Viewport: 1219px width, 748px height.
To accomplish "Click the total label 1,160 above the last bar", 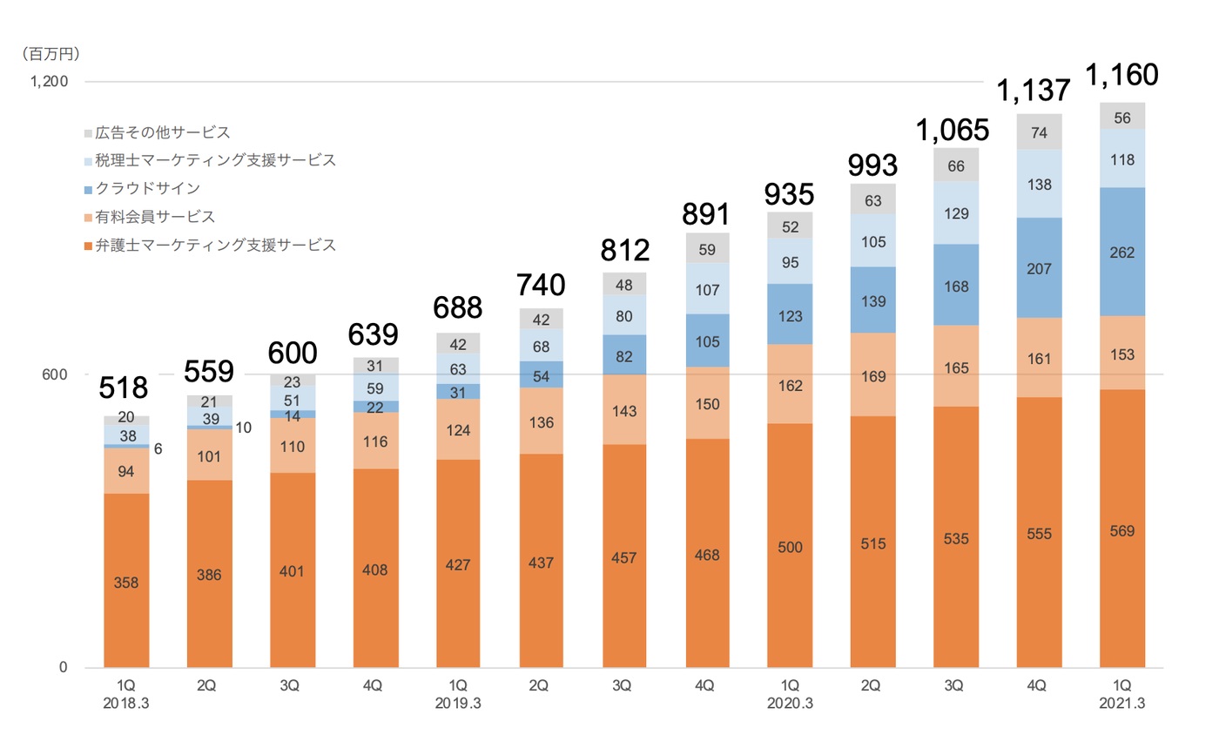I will [1121, 76].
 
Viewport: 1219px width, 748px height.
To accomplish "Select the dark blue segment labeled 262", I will [1121, 252].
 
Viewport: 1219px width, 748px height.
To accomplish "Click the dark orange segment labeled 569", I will [1121, 530].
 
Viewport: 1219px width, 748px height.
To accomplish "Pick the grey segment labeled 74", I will [1039, 132].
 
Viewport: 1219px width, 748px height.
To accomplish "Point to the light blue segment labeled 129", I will [956, 212].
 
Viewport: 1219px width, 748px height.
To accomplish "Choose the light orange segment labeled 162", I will [790, 385].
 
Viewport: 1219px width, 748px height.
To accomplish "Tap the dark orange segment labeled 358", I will [126, 581].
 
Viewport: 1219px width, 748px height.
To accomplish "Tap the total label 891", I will [707, 212].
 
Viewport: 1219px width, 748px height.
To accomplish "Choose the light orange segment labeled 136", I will [541, 421].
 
